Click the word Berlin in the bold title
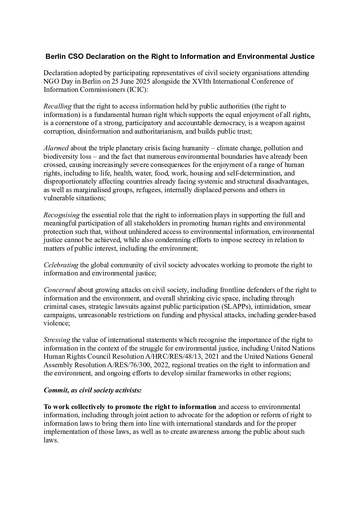(55, 56)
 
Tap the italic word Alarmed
(56, 148)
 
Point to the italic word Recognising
(62, 215)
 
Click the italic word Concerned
(60, 290)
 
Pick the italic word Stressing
(57, 340)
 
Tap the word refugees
(148, 190)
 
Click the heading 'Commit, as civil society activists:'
(93, 390)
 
